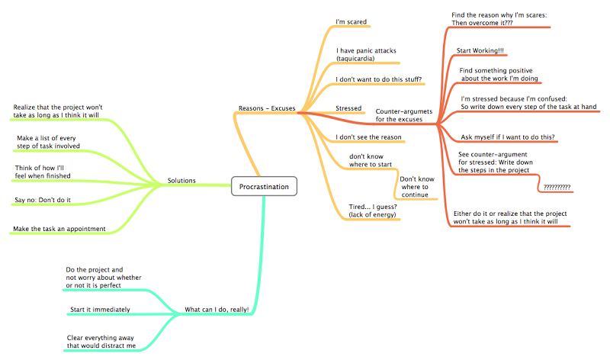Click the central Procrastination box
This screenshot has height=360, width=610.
[x=264, y=186]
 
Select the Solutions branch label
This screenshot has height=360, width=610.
[x=181, y=181]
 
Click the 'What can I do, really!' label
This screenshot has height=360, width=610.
[x=217, y=310]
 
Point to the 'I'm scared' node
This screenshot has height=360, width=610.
[x=351, y=21]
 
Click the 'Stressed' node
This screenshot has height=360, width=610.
[x=348, y=108]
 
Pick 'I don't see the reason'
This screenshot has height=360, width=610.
[x=368, y=137]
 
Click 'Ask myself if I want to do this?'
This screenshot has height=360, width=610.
[x=507, y=137]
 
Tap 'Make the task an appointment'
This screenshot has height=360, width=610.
[x=59, y=228]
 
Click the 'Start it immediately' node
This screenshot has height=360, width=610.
[x=99, y=310]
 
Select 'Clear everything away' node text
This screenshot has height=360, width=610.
[x=101, y=341]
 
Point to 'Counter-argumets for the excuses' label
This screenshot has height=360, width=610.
[x=403, y=115]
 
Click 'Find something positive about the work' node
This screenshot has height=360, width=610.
[x=499, y=74]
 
